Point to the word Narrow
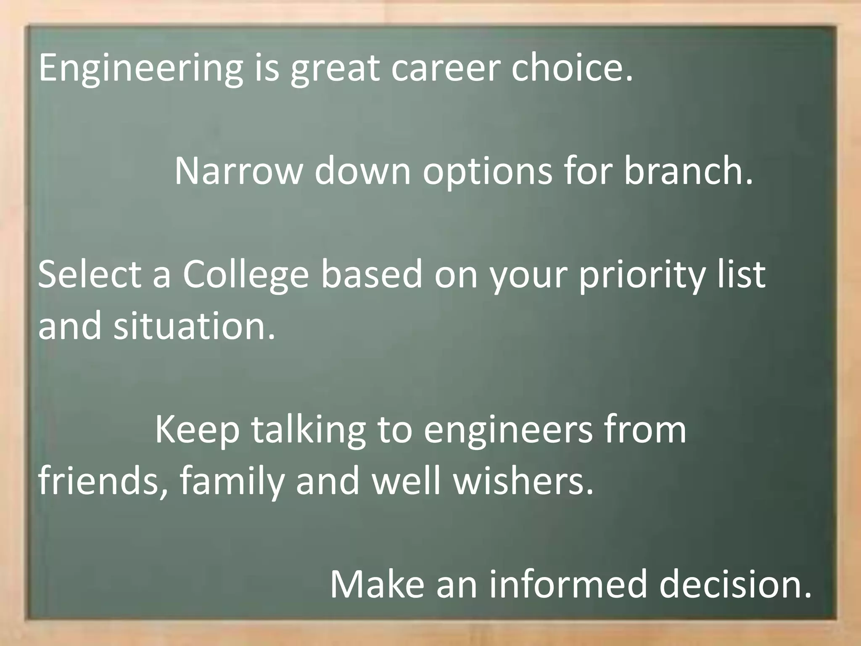238,171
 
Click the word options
487,172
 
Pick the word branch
688,171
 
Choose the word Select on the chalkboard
90,275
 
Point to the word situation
194,326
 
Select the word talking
309,430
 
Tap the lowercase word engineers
508,430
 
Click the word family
232,482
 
